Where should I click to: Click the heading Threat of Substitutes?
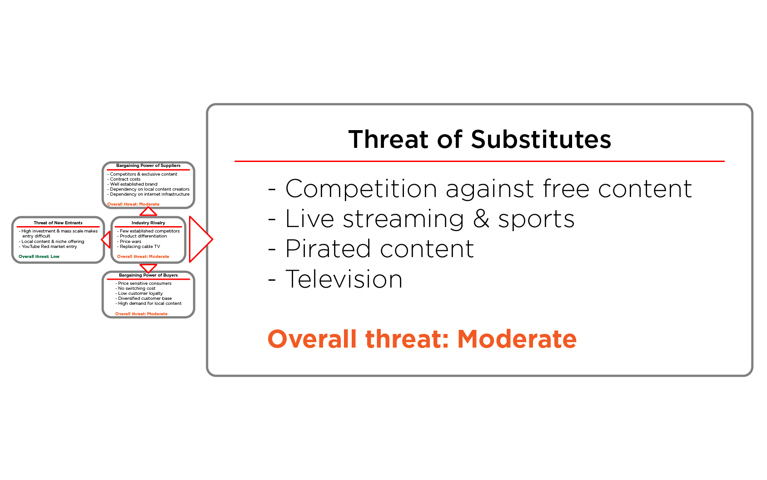[x=479, y=139]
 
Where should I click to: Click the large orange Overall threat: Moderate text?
[x=422, y=339]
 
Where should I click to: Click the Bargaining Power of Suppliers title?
[x=148, y=166]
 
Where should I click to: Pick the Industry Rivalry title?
[x=148, y=223]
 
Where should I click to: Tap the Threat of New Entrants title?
[x=58, y=223]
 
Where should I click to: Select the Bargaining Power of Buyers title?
[x=148, y=275]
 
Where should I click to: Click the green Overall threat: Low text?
[x=39, y=257]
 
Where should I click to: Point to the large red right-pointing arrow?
[x=200, y=239]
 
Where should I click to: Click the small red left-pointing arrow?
[x=106, y=239]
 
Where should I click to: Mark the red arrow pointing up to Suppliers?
[x=148, y=212]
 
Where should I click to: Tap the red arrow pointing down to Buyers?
[x=148, y=268]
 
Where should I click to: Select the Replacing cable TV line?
[x=139, y=247]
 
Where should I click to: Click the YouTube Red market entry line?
[x=49, y=247]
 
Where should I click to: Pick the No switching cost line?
[x=136, y=288]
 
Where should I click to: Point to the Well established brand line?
[x=134, y=184]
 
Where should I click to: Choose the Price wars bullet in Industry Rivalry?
[x=130, y=242]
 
